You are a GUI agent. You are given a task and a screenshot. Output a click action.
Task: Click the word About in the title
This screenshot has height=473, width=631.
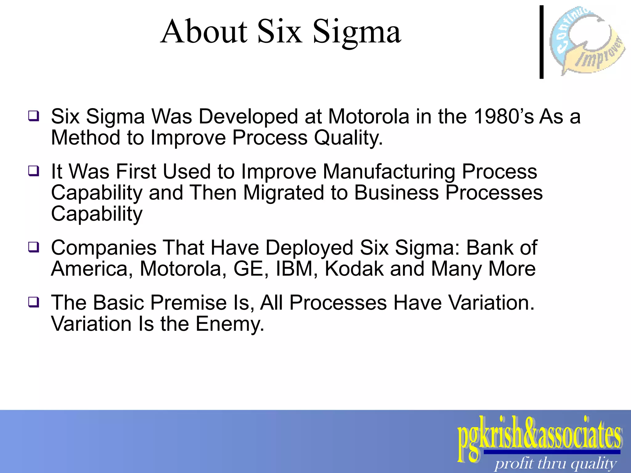click(204, 31)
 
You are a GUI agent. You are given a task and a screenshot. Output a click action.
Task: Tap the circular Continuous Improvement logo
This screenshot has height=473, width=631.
click(587, 40)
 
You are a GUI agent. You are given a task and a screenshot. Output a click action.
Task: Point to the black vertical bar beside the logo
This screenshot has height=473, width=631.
click(541, 42)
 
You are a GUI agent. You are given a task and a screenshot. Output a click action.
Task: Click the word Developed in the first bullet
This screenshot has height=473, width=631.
click(248, 117)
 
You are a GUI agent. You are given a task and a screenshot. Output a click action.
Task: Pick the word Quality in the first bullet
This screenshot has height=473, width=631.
click(348, 138)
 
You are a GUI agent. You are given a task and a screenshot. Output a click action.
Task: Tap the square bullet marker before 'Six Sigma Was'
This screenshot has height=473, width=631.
click(34, 116)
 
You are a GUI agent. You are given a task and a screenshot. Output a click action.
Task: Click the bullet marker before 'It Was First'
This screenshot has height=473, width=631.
click(34, 171)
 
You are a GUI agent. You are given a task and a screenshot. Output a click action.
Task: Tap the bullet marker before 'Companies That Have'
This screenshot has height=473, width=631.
click(34, 247)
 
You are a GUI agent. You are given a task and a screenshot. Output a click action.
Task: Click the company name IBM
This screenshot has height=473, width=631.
click(294, 269)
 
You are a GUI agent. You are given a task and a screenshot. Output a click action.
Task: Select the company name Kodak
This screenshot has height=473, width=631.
click(354, 269)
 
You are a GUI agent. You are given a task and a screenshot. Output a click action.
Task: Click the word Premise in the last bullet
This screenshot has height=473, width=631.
click(189, 303)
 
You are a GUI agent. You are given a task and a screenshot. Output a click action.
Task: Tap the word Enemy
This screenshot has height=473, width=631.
click(229, 324)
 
